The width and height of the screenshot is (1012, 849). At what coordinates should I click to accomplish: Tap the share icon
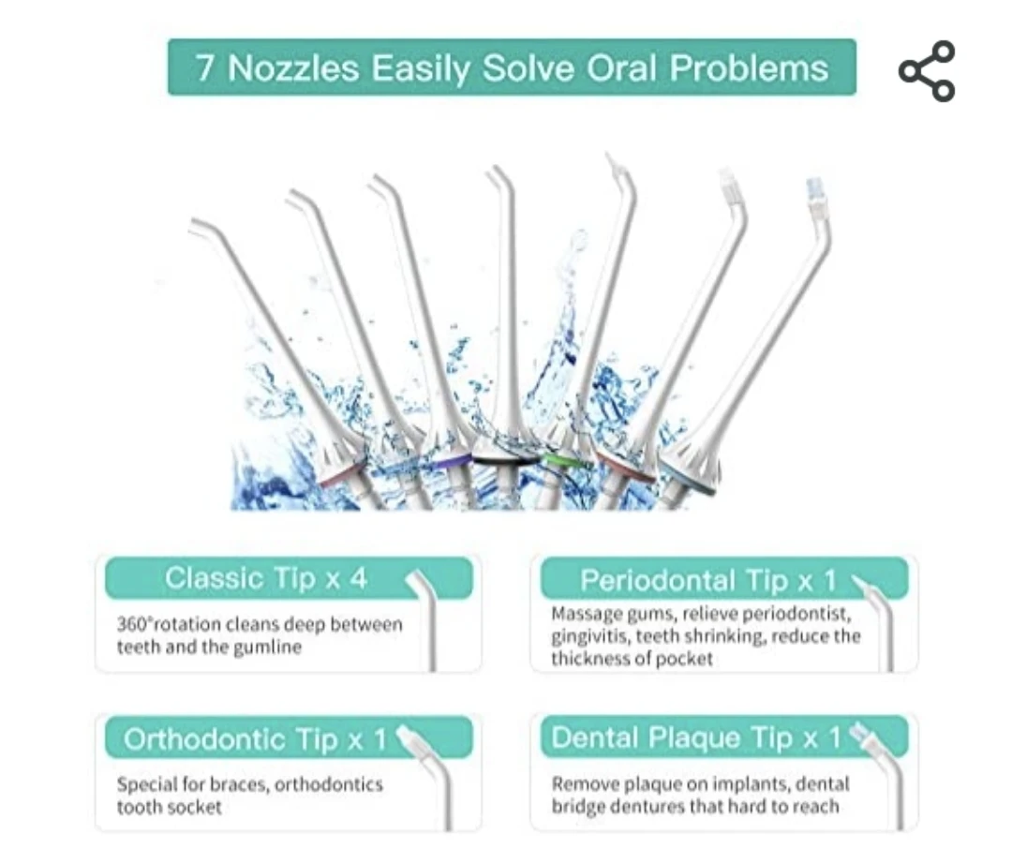[927, 71]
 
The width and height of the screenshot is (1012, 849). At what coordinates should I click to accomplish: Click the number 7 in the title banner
[205, 67]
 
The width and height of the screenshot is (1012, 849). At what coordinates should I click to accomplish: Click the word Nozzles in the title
[293, 67]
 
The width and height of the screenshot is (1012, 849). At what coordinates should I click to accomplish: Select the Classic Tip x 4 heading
[265, 578]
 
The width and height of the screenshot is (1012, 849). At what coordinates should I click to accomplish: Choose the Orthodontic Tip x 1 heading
[255, 739]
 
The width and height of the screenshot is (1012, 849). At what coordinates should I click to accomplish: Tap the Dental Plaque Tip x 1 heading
[696, 737]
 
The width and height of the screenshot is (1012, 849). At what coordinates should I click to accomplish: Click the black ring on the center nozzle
[505, 460]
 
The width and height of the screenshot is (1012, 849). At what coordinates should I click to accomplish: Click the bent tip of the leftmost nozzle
[205, 228]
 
